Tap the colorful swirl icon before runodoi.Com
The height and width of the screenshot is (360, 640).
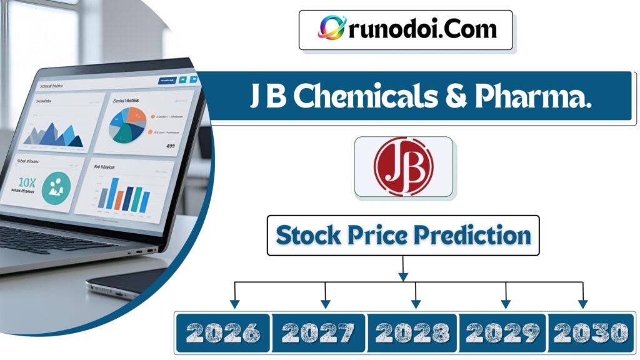(x=329, y=28)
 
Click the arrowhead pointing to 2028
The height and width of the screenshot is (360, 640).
(x=415, y=304)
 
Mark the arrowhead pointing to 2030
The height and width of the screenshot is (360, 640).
(x=582, y=304)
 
